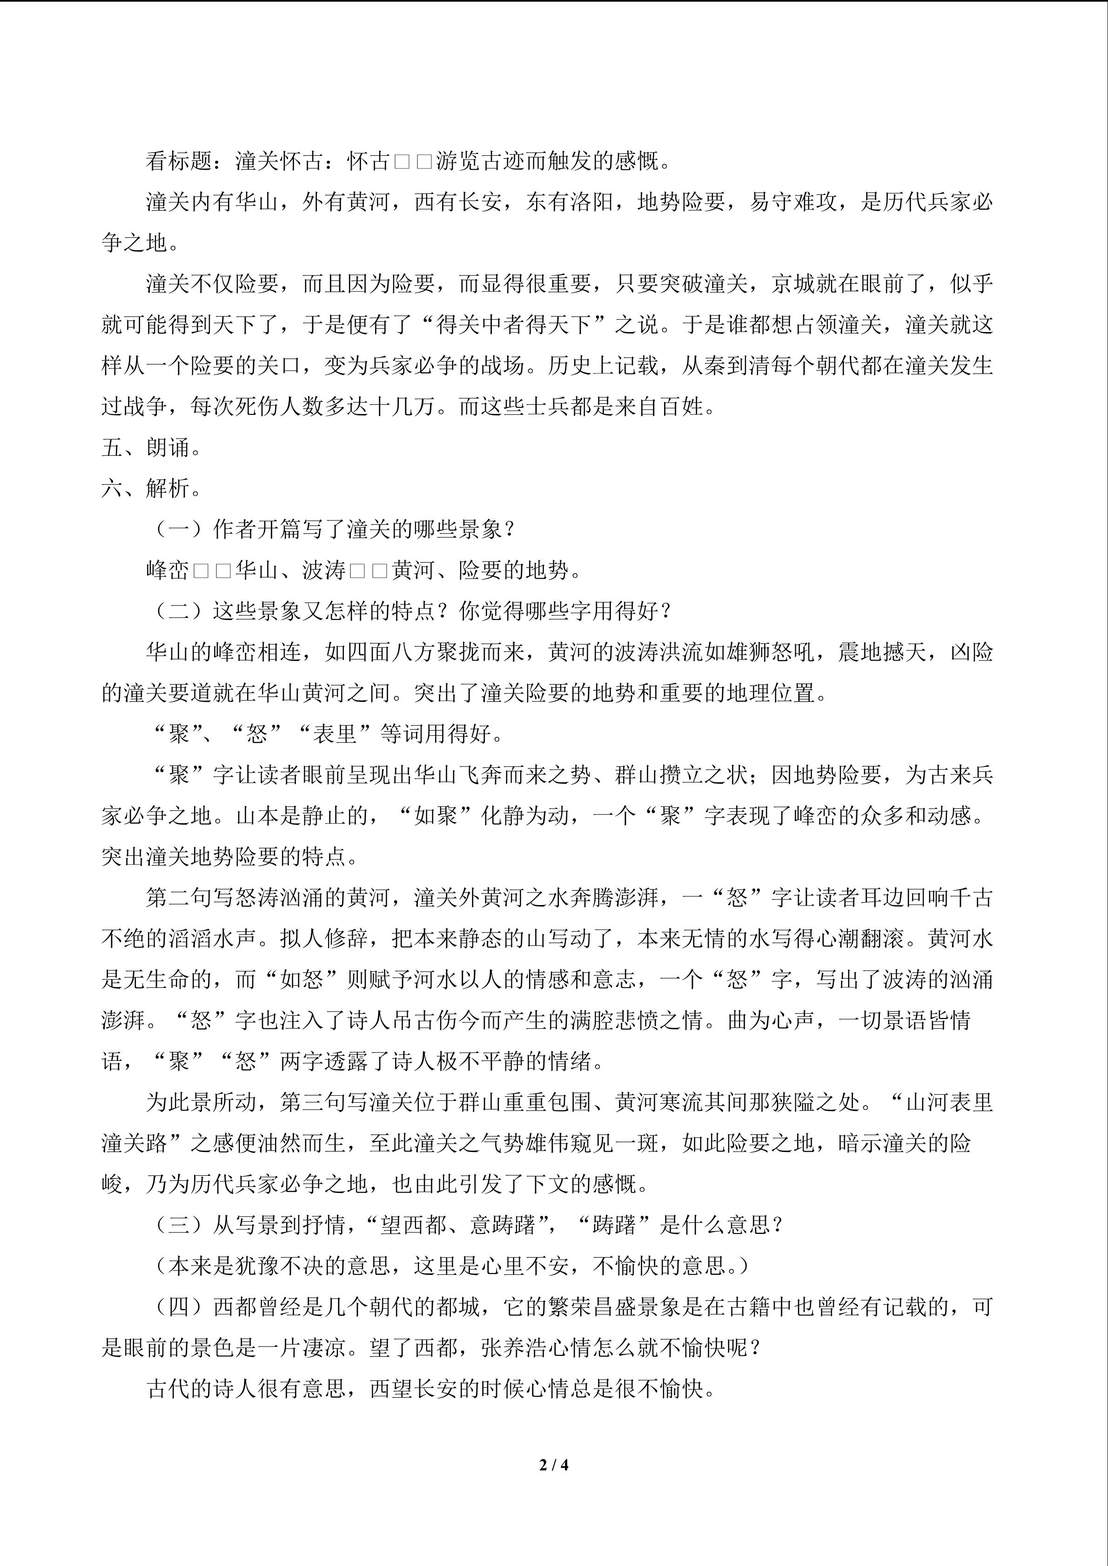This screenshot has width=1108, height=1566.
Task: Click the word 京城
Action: pyautogui.click(x=793, y=284)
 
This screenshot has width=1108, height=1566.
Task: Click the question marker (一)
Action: pyautogui.click(x=179, y=529)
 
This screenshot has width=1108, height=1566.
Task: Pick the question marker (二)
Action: pyautogui.click(x=179, y=611)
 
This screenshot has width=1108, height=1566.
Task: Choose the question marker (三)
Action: pyautogui.click(x=179, y=1225)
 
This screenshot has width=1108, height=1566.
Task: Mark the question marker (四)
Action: pyautogui.click(x=179, y=1307)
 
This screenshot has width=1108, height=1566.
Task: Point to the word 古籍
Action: pyautogui.click(x=726, y=1307)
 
